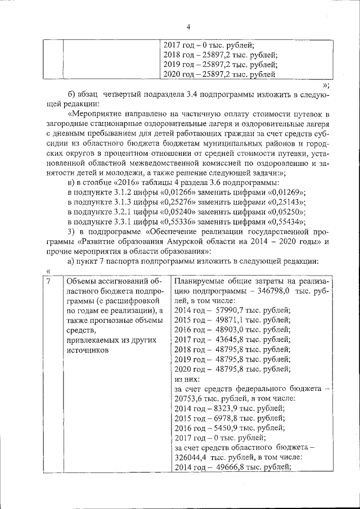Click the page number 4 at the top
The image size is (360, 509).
point(188,26)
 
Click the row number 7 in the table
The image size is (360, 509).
point(49,281)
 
